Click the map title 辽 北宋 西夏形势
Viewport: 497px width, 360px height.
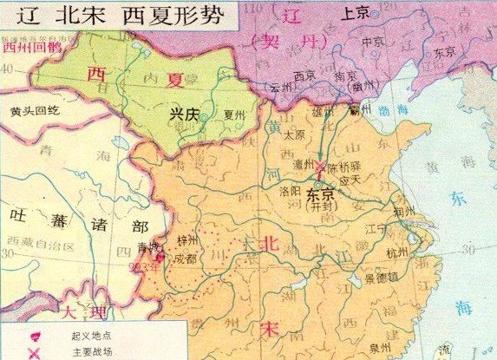(x=121, y=16)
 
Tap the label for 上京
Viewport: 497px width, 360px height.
(x=356, y=14)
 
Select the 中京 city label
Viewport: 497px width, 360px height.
(x=374, y=42)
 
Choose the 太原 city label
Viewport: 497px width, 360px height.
(x=297, y=134)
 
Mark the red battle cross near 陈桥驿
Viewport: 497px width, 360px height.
(x=321, y=167)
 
